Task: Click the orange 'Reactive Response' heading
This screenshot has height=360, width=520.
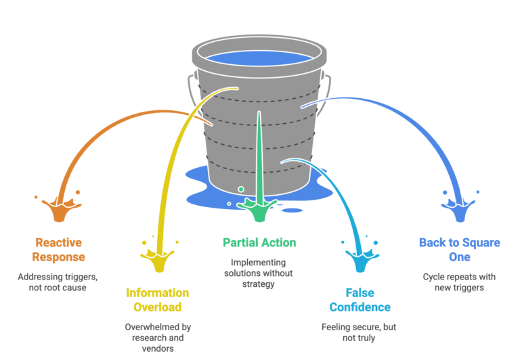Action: point(58,249)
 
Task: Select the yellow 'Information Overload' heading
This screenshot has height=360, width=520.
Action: point(157,300)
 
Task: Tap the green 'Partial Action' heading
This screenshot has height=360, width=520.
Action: point(259,242)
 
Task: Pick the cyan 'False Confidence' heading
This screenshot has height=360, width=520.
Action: point(360,300)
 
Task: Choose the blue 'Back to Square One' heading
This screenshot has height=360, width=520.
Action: point(459,249)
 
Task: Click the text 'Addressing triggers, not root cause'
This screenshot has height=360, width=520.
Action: point(58,282)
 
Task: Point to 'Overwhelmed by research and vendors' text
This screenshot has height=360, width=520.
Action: point(158,337)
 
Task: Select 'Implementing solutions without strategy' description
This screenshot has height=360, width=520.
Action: point(259,273)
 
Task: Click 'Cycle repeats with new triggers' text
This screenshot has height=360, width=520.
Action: point(459,282)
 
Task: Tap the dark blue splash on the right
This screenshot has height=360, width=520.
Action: point(460,208)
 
